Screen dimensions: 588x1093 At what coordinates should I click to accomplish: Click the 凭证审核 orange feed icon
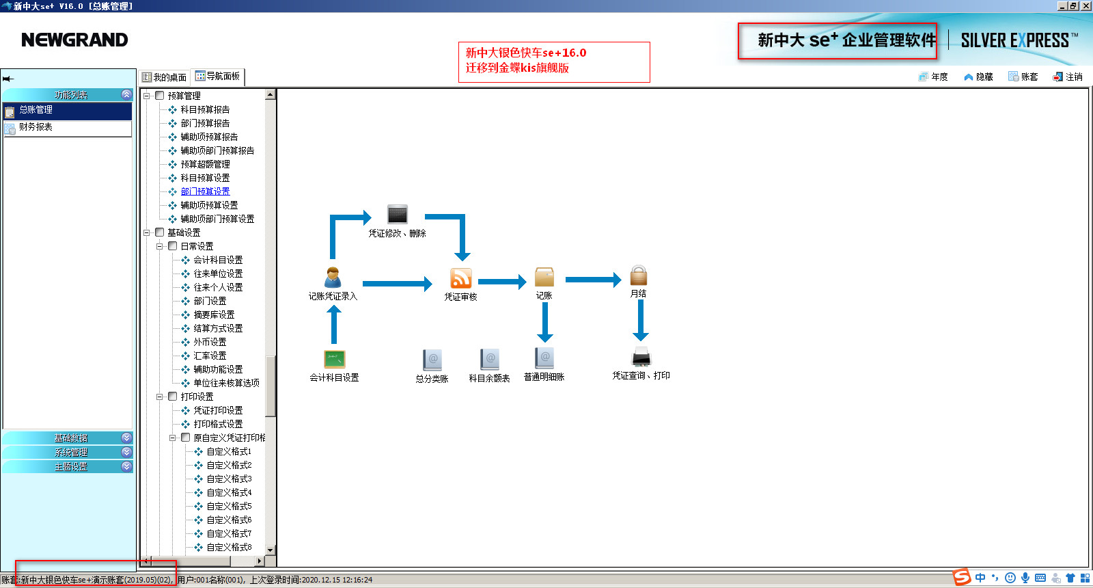coord(460,278)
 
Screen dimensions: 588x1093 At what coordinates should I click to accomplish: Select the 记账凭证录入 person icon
coord(333,277)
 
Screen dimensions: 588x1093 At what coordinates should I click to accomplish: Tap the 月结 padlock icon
coord(638,276)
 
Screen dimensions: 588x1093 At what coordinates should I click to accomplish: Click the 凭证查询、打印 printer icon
coord(641,357)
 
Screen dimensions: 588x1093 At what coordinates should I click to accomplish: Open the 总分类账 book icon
coord(432,360)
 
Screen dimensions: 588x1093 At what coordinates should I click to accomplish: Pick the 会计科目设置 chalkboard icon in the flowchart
coord(334,359)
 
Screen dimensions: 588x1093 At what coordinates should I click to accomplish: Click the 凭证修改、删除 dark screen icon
coord(397,214)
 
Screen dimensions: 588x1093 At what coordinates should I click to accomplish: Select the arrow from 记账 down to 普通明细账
coord(544,321)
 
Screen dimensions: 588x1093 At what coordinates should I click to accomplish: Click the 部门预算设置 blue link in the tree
coord(205,191)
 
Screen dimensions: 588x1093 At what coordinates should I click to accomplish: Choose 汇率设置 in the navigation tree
coord(210,356)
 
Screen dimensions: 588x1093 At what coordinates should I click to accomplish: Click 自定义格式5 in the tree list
coord(229,506)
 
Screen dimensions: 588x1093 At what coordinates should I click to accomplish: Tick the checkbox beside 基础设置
coord(160,232)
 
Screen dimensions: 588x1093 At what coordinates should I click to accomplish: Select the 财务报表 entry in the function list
coord(36,127)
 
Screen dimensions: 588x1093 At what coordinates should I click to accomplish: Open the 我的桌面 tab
coord(165,77)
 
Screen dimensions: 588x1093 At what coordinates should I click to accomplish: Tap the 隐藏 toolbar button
coord(978,77)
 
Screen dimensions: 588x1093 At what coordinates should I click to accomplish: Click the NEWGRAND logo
coord(74,40)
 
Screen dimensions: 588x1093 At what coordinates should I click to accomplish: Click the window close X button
coord(1085,5)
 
